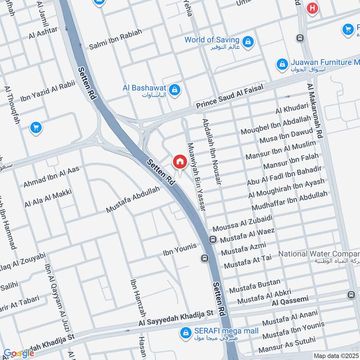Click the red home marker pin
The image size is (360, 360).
[x=180, y=162]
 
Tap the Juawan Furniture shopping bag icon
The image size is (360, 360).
[x=282, y=64]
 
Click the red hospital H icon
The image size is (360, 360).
[x=311, y=8]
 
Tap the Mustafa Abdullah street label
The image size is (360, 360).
[x=133, y=199]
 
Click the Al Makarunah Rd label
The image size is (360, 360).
[x=315, y=110]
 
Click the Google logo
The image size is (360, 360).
[x=19, y=353]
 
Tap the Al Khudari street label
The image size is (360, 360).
[x=292, y=108]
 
